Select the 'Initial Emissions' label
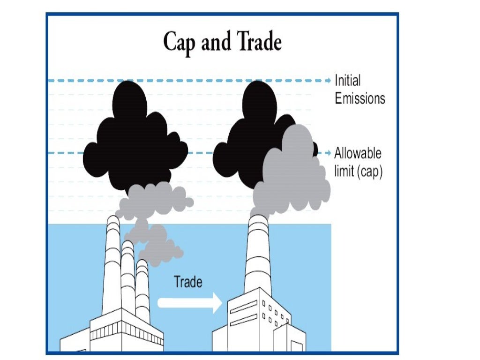click(x=360, y=90)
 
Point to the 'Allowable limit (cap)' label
click(x=359, y=162)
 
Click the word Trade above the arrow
click(x=188, y=282)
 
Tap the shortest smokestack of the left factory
click(x=142, y=291)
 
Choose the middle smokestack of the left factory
click(x=127, y=277)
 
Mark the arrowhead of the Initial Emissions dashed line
click(x=328, y=81)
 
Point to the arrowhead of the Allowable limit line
click(x=328, y=153)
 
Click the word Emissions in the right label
click(x=360, y=98)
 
